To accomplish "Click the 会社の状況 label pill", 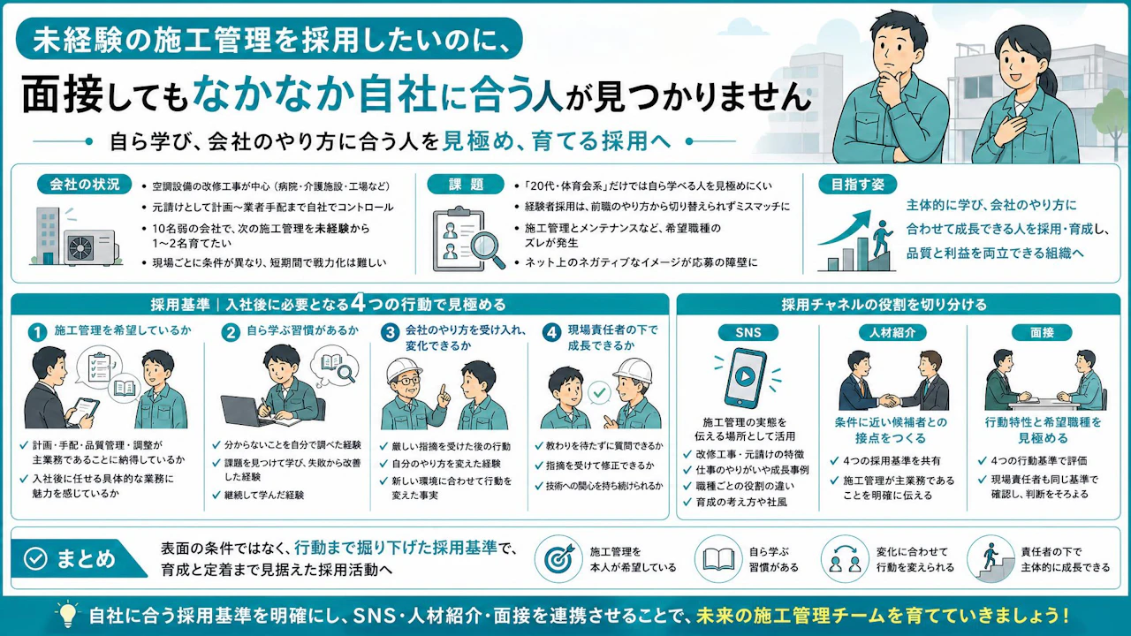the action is click(84, 185).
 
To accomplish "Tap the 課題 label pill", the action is click(466, 185).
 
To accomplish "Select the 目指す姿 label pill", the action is click(857, 185).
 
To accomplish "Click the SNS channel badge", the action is click(748, 332).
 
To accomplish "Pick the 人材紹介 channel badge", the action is click(892, 332).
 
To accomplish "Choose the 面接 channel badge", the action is click(1042, 332).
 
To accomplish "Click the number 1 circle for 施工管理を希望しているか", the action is click(37, 333).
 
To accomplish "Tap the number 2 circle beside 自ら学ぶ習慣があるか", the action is click(231, 333).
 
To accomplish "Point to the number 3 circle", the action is click(391, 333).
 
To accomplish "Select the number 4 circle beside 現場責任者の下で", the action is click(552, 333).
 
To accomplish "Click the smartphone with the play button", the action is click(745, 377).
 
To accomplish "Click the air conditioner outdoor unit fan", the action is click(80, 248).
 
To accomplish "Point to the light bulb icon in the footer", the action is click(67, 614).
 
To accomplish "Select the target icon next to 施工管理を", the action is click(558, 559).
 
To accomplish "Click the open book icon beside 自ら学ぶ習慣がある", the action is click(719, 559).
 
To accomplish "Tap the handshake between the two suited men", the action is click(889, 401).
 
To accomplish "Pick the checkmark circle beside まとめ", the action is click(36, 559).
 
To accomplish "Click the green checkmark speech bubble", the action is click(599, 393).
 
